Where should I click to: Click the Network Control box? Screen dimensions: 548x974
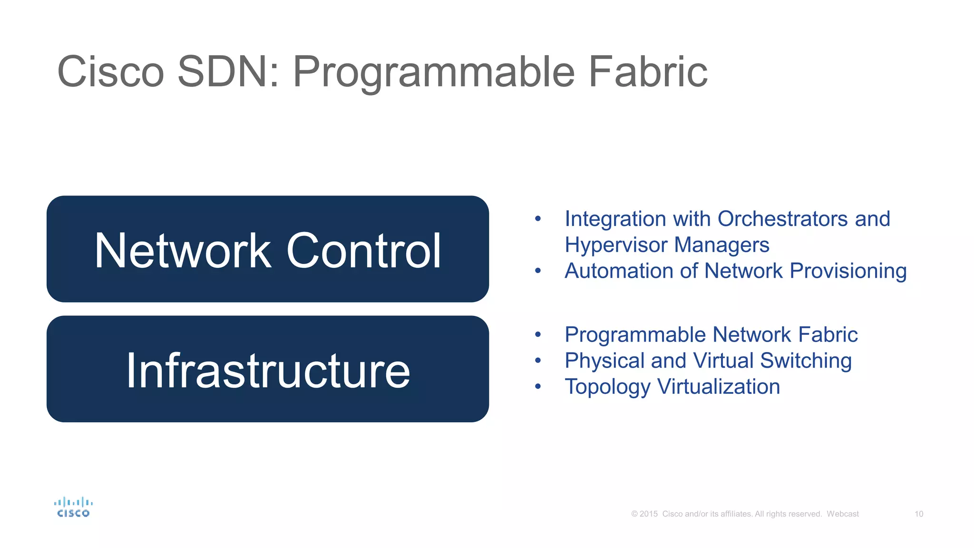point(268,249)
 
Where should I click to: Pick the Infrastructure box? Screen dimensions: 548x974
point(268,369)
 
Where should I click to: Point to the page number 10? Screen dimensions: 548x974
point(919,514)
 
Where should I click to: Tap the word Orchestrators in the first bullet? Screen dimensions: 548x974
point(782,219)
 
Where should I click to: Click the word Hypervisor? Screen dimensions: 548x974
point(616,245)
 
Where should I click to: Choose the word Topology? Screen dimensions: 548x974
point(607,387)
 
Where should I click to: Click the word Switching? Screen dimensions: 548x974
point(806,361)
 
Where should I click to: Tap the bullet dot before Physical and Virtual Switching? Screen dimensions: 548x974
point(538,361)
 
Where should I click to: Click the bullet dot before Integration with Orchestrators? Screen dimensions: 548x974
point(538,219)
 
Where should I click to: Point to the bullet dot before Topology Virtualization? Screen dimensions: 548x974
point(538,386)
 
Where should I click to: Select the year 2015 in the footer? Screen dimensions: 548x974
point(648,514)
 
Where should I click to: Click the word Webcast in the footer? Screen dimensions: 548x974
point(842,514)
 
